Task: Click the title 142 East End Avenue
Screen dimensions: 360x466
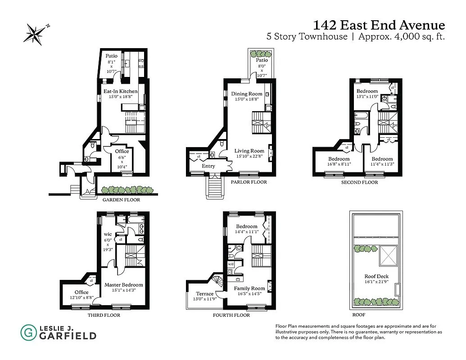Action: (379, 25)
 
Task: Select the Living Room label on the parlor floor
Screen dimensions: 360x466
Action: (249, 151)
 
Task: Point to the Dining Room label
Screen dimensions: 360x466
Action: (247, 94)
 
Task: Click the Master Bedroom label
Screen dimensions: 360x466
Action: (123, 284)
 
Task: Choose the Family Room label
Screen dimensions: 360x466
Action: (249, 288)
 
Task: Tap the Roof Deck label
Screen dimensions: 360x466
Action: (376, 276)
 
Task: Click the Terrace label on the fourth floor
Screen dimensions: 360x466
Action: (195, 294)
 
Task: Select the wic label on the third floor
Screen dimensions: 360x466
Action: (108, 234)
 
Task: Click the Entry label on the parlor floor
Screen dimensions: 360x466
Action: (208, 166)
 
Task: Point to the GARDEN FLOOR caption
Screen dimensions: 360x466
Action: (121, 200)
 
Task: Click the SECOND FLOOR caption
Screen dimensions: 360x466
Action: (360, 182)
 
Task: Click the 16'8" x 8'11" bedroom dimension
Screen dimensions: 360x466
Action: (339, 165)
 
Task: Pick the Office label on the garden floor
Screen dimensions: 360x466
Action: (122, 151)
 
